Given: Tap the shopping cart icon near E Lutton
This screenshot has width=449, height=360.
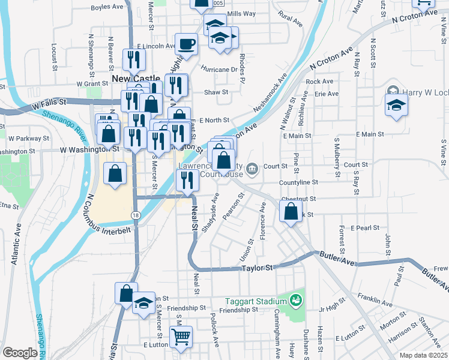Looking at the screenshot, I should [x=181, y=337].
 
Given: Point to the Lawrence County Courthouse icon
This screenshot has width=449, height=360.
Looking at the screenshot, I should [x=253, y=167].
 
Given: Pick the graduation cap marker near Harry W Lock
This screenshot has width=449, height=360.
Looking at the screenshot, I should [x=396, y=104].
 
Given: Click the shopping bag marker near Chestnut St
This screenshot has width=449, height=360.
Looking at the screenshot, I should [x=291, y=212].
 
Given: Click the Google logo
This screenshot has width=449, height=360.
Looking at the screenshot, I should [x=20, y=353].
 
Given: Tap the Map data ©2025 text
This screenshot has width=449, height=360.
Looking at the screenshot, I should [x=423, y=355].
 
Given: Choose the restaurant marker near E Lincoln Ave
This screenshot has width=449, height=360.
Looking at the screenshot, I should [x=133, y=59].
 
